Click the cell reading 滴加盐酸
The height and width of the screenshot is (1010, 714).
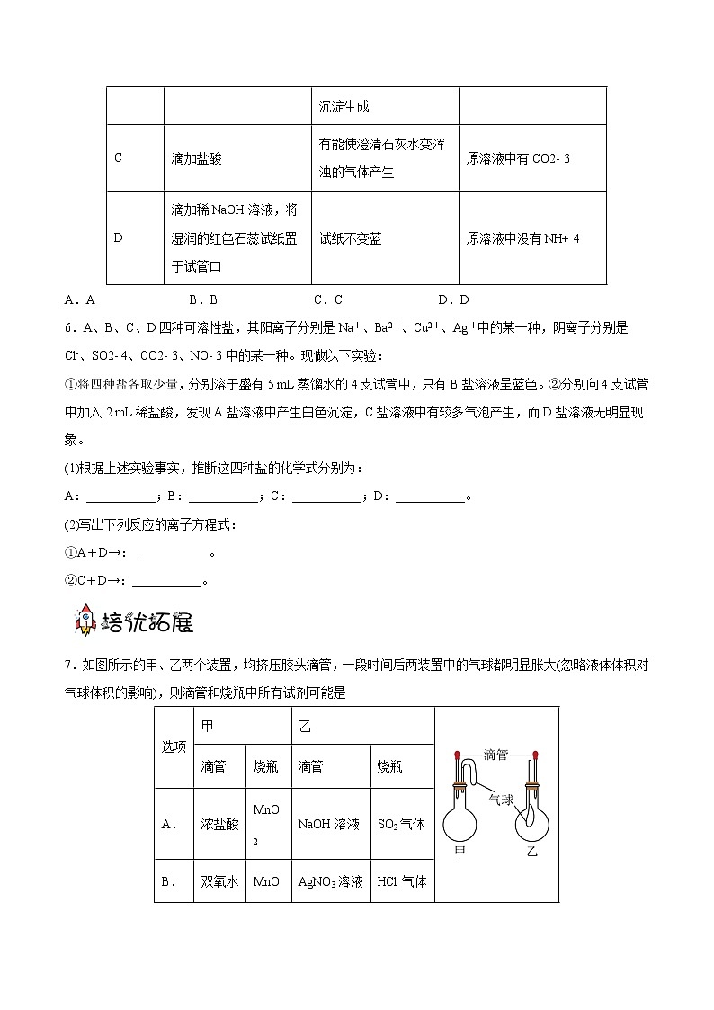tap(197, 158)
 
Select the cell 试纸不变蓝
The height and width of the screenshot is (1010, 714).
tap(351, 239)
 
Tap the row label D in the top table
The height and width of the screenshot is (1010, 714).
tap(118, 239)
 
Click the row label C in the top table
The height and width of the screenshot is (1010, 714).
tap(118, 158)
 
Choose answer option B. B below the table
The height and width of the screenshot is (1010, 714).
tap(204, 299)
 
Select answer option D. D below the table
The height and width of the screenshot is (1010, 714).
tap(453, 299)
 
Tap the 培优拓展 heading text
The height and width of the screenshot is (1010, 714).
tap(146, 621)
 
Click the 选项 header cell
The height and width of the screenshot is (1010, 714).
tap(174, 747)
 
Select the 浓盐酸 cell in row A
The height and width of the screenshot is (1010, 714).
tap(219, 824)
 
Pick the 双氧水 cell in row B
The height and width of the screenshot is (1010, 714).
tap(219, 882)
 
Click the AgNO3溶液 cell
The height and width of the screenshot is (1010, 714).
tap(330, 882)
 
